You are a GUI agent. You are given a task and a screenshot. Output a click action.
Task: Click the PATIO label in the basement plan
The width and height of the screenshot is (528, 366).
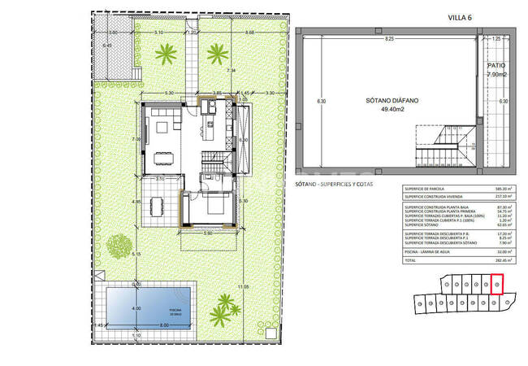(x=496, y=65)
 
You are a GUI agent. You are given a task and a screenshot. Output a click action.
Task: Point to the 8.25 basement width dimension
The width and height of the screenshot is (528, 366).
(x=390, y=38)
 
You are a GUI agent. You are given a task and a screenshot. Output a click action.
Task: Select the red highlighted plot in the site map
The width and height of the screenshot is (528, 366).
(x=497, y=284)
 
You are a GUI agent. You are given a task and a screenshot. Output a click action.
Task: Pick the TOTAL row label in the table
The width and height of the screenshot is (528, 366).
(x=409, y=261)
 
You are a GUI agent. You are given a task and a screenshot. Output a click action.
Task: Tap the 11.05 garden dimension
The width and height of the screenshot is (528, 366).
(x=242, y=287)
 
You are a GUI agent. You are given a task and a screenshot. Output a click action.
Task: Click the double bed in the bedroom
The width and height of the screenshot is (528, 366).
(x=215, y=205)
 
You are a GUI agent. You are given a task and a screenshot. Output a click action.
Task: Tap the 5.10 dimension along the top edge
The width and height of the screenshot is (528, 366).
(x=158, y=33)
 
